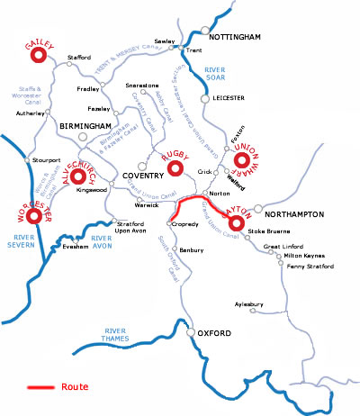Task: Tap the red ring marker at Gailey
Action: [38, 57]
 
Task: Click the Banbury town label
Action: [192, 249]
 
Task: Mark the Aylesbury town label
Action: [250, 304]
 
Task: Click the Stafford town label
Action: [80, 58]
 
